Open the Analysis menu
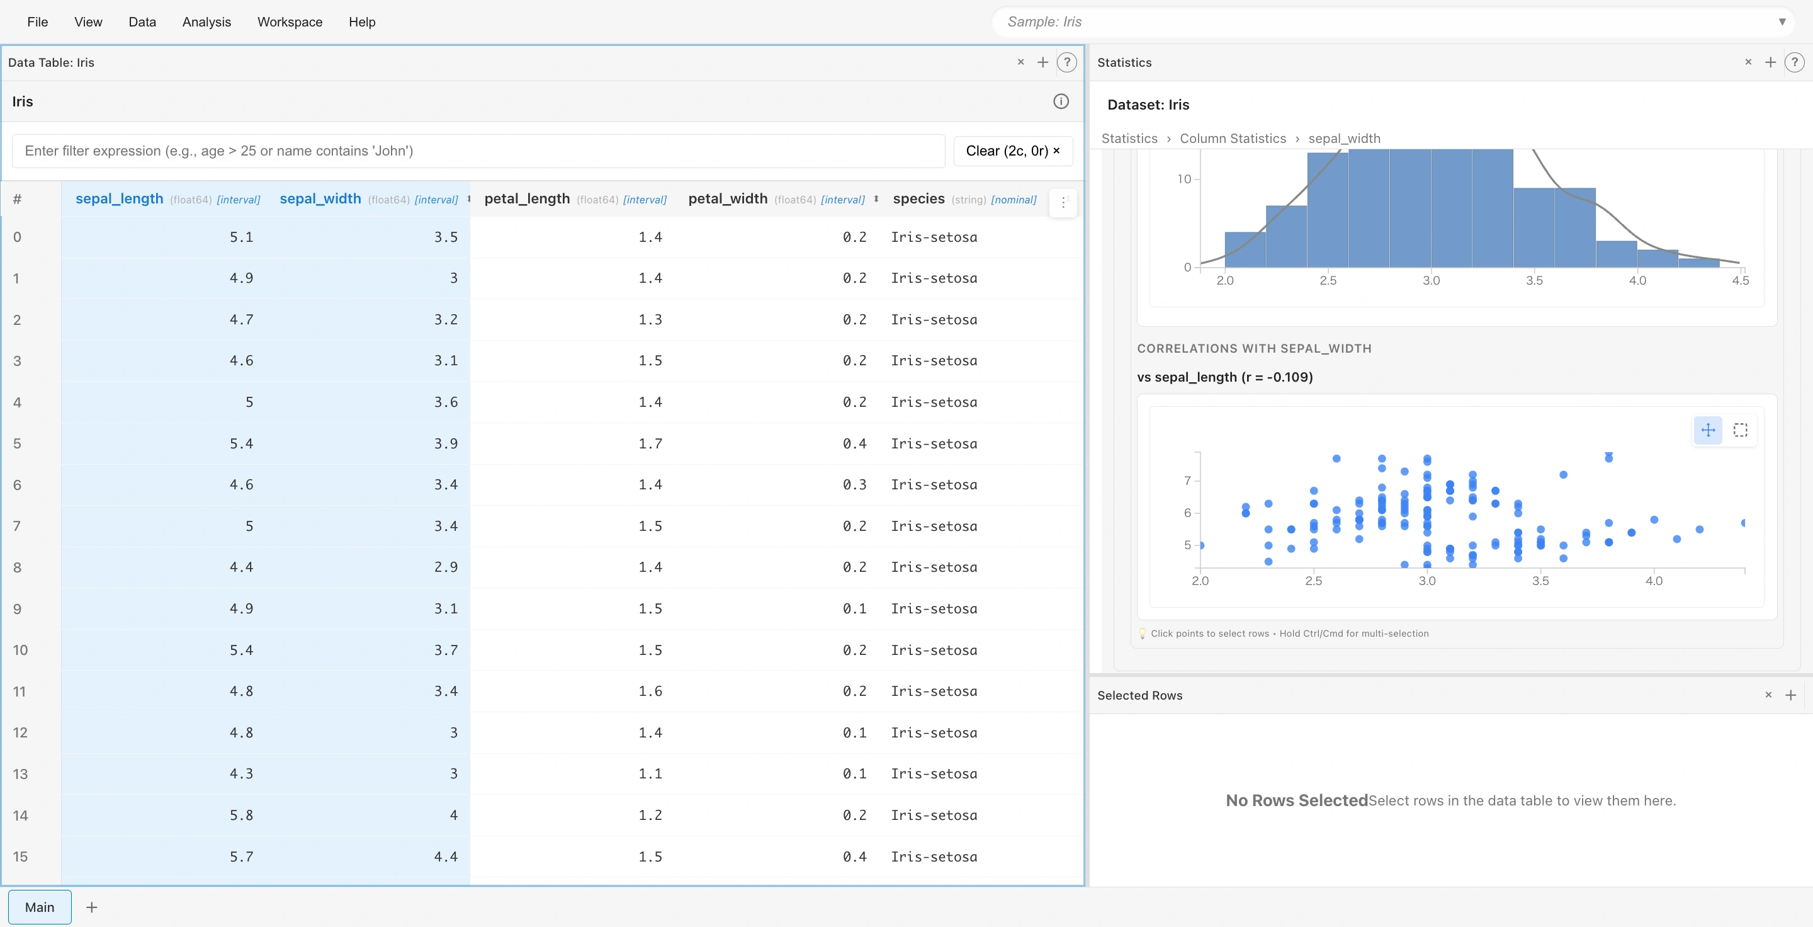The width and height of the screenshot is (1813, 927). (x=206, y=22)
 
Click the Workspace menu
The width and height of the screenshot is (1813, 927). (x=290, y=22)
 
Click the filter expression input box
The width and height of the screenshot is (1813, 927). (x=478, y=151)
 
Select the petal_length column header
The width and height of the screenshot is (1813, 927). (x=526, y=199)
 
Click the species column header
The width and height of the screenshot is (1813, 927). (x=918, y=199)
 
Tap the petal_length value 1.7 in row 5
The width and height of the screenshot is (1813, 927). (x=650, y=443)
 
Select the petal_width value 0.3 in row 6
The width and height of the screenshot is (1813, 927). (x=854, y=485)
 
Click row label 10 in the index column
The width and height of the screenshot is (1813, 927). (x=20, y=650)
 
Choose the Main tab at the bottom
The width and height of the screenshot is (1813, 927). (x=40, y=907)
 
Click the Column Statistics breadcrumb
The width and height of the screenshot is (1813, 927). (x=1233, y=139)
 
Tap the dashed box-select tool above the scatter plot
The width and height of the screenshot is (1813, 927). (x=1740, y=430)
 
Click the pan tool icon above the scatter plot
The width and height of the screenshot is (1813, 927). (x=1707, y=430)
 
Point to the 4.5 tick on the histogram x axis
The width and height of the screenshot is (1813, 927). (x=1740, y=280)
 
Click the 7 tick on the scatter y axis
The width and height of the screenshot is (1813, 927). (x=1187, y=481)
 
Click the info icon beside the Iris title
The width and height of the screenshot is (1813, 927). (x=1061, y=101)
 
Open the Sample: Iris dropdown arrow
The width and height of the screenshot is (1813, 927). (x=1782, y=22)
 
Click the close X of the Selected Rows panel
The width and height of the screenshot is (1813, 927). (x=1768, y=695)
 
